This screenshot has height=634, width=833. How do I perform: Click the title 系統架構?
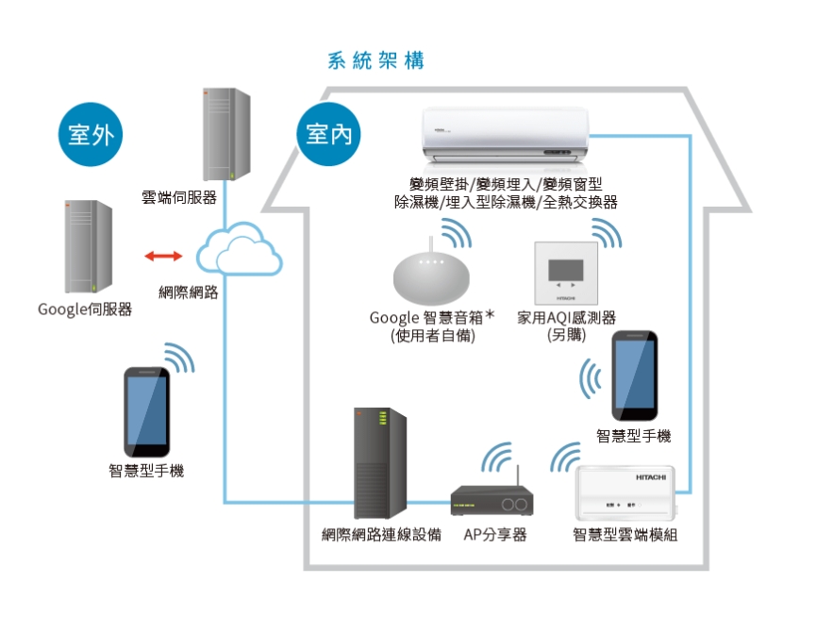coord(375,61)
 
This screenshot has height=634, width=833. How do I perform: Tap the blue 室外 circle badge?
coord(91,135)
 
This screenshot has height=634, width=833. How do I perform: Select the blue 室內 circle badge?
coord(329,135)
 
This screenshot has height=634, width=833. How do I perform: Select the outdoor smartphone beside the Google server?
coord(148,411)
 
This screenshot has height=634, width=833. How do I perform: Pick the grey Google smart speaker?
coord(430,277)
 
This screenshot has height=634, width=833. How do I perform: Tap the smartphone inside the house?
coord(635,376)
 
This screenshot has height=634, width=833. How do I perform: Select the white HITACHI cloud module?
coord(625,492)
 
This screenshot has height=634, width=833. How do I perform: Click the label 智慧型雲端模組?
coord(625,535)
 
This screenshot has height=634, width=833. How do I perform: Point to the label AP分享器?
coord(494,535)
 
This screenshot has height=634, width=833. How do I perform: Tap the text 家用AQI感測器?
coord(566,318)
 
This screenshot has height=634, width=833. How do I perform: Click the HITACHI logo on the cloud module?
coord(650,478)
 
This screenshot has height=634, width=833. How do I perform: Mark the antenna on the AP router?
coord(517,475)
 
